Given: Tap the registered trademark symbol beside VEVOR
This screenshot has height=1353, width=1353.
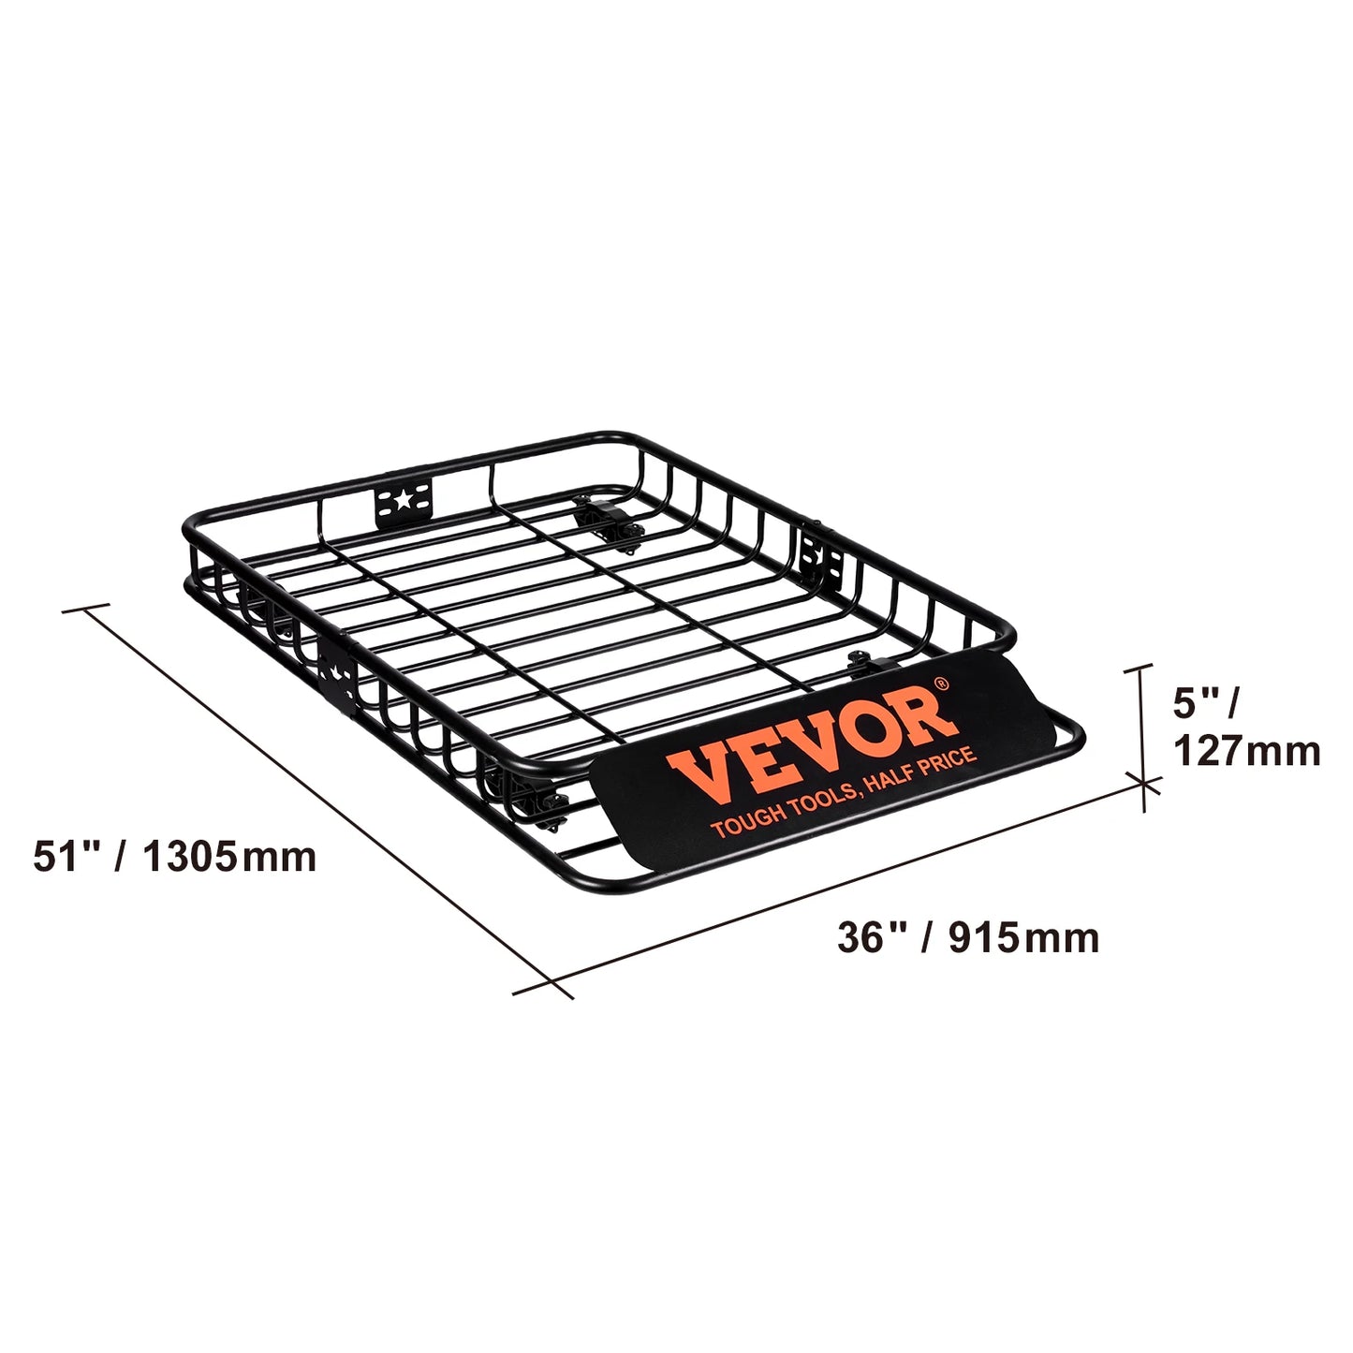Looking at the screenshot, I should pyautogui.click(x=942, y=684).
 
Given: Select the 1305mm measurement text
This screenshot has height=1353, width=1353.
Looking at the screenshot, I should pyautogui.click(x=230, y=857).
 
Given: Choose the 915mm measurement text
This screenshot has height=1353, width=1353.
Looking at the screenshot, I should pyautogui.click(x=1023, y=937).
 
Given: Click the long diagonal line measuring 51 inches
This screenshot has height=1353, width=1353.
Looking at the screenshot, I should pyautogui.click(x=318, y=796).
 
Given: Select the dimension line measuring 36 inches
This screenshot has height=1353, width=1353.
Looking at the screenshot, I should pyautogui.click(x=843, y=885).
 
